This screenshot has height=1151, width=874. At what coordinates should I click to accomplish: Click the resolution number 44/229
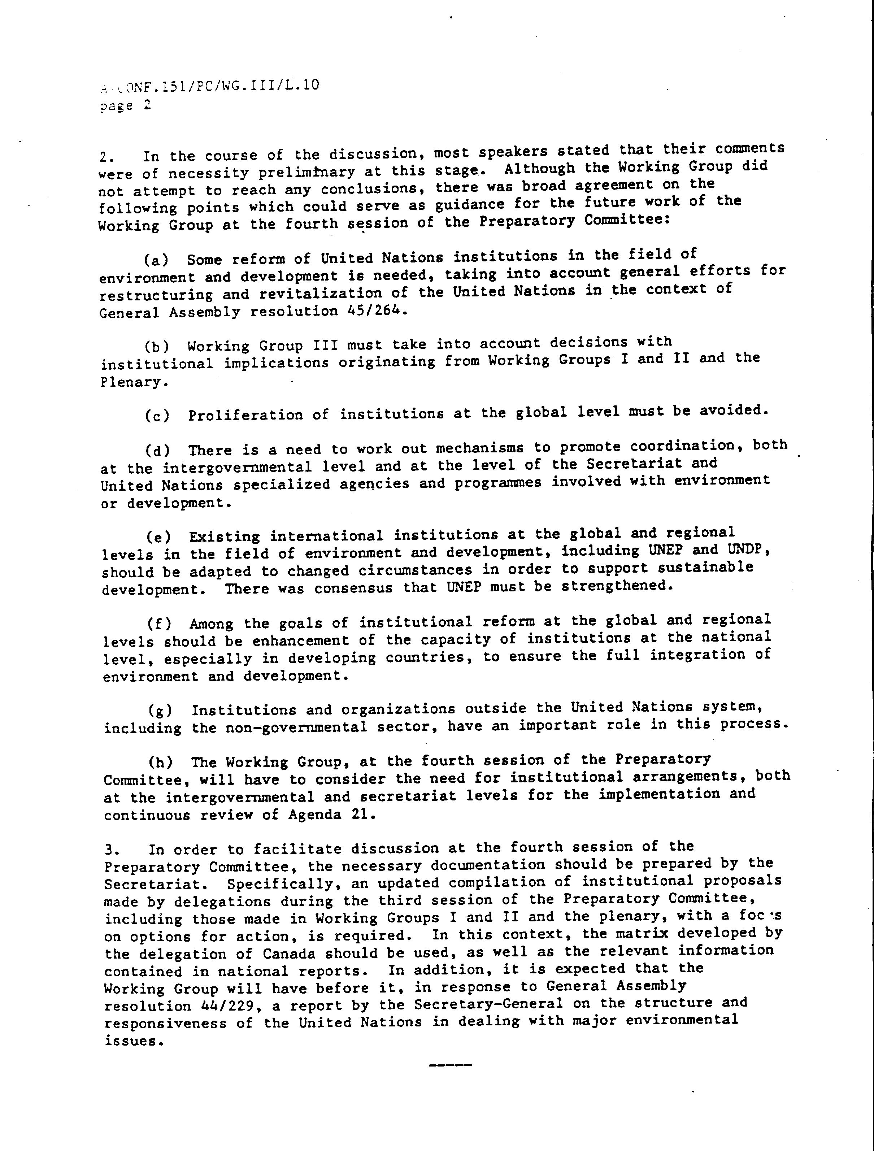coord(230,1006)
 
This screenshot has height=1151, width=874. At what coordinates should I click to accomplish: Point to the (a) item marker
coord(157,259)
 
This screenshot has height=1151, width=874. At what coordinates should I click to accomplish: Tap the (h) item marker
coord(160,763)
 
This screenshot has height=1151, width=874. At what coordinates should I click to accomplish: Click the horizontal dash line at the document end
coord(450,1065)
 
